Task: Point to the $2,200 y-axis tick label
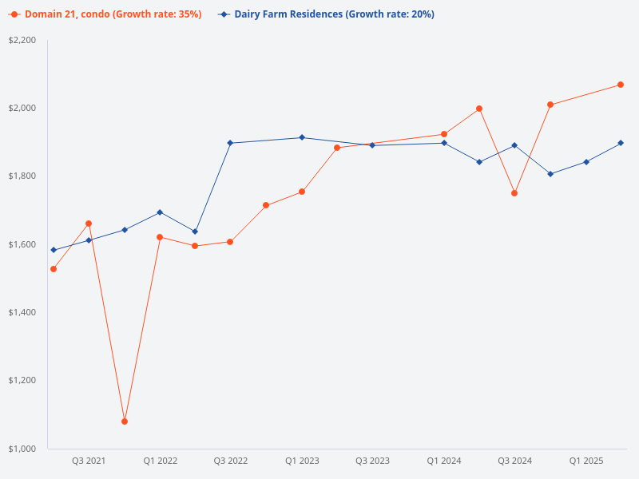[23, 40]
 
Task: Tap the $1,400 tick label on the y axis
[23, 312]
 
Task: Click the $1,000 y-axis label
[23, 449]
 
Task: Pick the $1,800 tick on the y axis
[23, 176]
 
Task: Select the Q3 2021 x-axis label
[89, 461]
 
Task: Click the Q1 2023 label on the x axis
[302, 461]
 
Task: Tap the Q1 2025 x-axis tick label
[586, 461]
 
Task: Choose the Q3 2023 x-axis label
[372, 461]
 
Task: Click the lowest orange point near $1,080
[125, 422]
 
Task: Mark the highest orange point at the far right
[621, 85]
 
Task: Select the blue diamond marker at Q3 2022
[230, 143]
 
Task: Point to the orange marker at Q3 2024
[514, 193]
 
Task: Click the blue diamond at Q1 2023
[302, 137]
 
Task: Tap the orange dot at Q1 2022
[160, 237]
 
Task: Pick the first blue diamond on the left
[54, 250]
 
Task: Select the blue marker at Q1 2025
[586, 162]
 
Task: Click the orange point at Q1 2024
[444, 134]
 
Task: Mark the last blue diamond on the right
[621, 143]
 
